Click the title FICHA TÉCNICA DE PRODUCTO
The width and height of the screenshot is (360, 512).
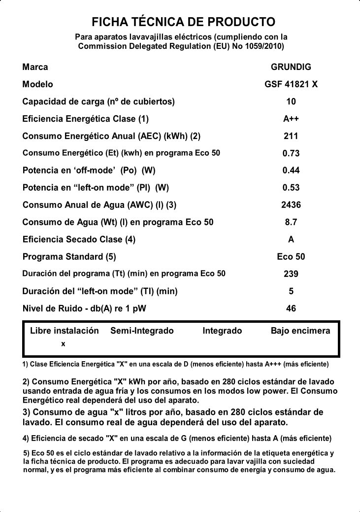pos(183,22)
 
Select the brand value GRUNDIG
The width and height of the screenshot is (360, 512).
pos(291,67)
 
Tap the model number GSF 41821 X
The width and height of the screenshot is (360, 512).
pos(291,84)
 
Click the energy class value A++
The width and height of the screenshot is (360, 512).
pos(291,119)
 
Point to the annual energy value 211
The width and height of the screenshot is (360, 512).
pos(291,136)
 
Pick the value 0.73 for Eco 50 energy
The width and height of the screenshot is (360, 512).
pos(291,153)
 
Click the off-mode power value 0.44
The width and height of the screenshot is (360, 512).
pos(291,171)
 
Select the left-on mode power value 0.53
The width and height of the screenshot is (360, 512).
pos(291,188)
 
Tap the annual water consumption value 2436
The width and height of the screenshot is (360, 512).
pos(291,205)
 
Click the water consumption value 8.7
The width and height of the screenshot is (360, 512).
pos(291,222)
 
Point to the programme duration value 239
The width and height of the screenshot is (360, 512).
pos(291,274)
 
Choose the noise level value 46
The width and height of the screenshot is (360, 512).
pos(291,308)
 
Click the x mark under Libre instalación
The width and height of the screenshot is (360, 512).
pos(63,344)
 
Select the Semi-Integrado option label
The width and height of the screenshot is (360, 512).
pos(142,331)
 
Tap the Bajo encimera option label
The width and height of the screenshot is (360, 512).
pos(300,331)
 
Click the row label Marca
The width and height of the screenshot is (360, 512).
pos(35,67)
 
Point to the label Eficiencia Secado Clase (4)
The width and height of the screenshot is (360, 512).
pos(79,239)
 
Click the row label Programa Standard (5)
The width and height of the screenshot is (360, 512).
pos(69,257)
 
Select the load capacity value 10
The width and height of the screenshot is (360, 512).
pos(291,102)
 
